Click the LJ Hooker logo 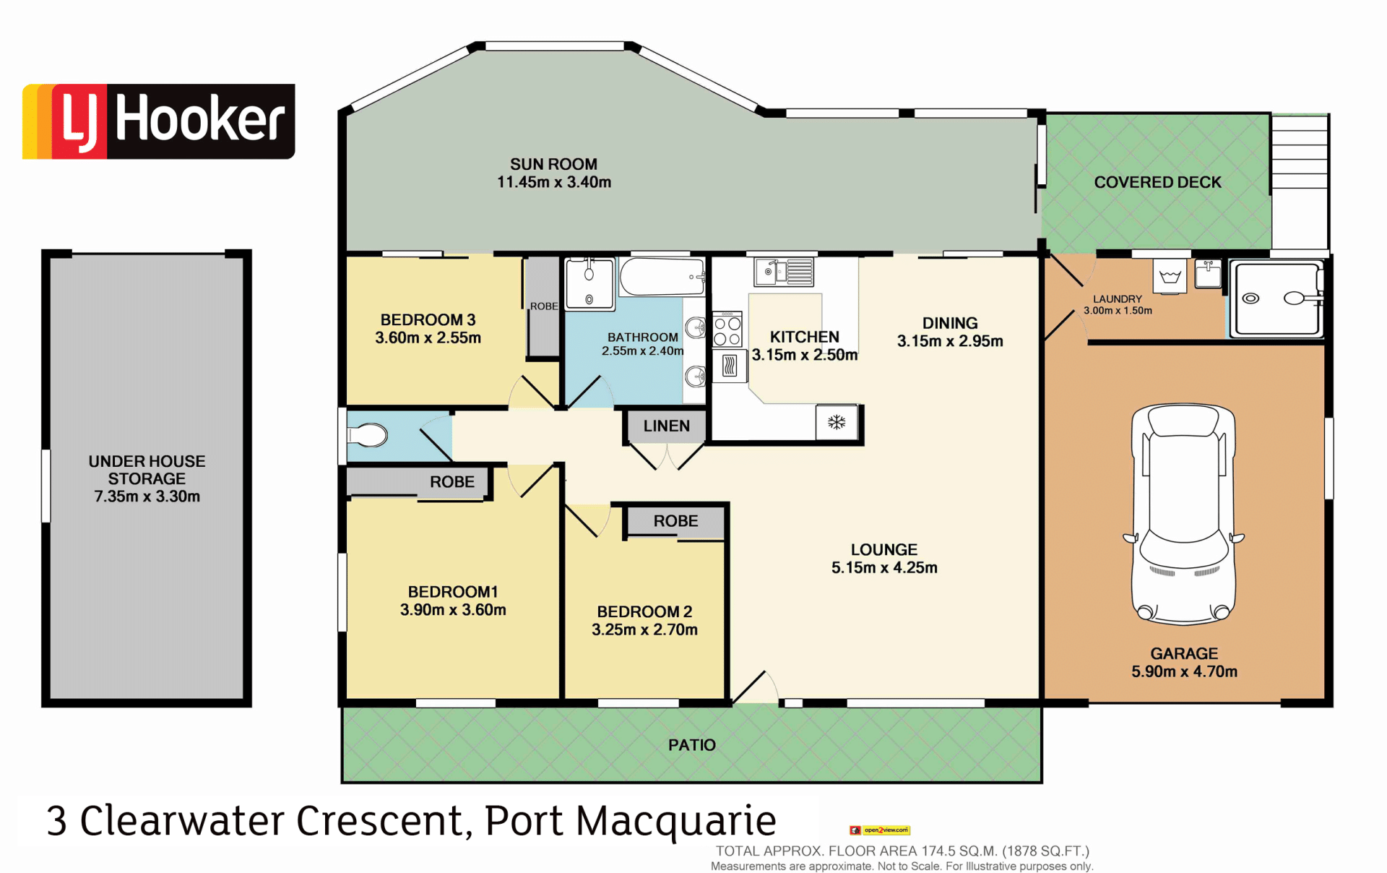click(159, 121)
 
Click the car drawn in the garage click(1183, 514)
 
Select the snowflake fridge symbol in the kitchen click(837, 422)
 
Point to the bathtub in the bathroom click(662, 277)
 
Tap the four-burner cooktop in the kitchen click(727, 330)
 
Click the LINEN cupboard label click(667, 426)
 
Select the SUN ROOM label click(554, 165)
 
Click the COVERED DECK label click(1157, 182)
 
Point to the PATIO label click(692, 745)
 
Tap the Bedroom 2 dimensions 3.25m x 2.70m click(644, 629)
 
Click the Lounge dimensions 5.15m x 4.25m click(884, 567)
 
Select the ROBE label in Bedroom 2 click(676, 521)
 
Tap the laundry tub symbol click(1170, 277)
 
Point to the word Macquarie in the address click(675, 822)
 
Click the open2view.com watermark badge click(880, 830)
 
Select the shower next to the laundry click(1277, 299)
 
